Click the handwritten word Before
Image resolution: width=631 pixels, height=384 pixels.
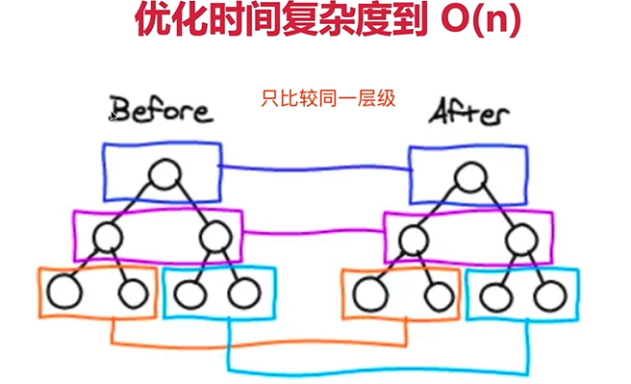click(x=161, y=110)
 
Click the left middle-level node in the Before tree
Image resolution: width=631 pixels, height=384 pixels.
click(x=109, y=234)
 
